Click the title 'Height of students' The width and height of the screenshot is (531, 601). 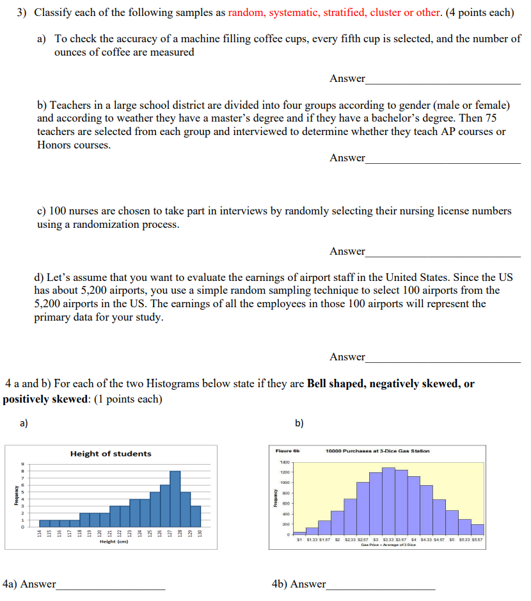[x=111, y=453]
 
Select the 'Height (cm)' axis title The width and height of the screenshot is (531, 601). [x=114, y=541]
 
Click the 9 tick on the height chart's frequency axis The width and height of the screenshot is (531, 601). [x=22, y=465]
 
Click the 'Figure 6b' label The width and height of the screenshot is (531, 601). [x=284, y=451]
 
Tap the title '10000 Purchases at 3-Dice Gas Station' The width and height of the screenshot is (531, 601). [x=377, y=451]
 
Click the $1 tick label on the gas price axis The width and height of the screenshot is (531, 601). [x=299, y=540]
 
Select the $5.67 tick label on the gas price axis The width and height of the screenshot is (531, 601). [x=477, y=540]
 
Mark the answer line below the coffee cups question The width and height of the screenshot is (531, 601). [x=443, y=79]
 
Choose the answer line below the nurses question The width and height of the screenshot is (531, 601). [x=443, y=252]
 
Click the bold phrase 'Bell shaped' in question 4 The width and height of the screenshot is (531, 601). [x=335, y=384]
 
